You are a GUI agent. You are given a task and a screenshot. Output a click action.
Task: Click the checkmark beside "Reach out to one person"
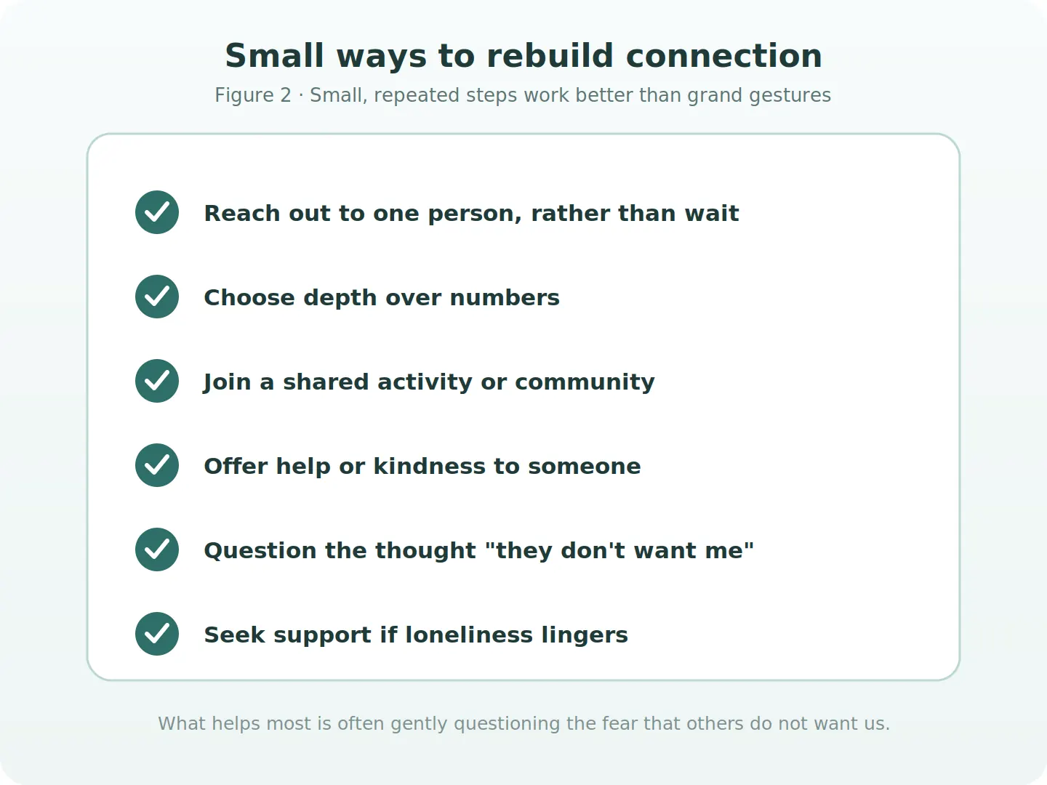(x=157, y=212)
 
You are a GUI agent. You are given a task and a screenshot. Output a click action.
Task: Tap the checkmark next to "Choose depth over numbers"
(x=157, y=297)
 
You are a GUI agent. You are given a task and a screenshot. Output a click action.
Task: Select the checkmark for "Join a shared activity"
(x=157, y=381)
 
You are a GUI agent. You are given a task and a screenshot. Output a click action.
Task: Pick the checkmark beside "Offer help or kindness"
(x=157, y=465)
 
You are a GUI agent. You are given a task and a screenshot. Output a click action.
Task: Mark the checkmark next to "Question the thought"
(x=157, y=549)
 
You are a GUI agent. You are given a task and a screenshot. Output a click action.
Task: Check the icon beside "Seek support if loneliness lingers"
(x=157, y=634)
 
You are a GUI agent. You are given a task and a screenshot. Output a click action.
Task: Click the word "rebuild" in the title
(x=550, y=56)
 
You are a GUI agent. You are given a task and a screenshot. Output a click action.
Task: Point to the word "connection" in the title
(x=724, y=57)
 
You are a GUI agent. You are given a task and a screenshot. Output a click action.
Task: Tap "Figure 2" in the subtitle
(x=253, y=95)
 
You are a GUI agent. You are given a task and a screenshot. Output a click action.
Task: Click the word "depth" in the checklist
(x=340, y=298)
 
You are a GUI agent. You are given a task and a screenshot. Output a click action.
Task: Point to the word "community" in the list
(x=585, y=382)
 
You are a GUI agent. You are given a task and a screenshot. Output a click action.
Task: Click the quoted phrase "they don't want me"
(x=619, y=550)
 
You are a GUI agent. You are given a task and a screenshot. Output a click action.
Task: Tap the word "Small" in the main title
(x=274, y=56)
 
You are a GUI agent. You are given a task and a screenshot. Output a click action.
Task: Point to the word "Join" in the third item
(x=227, y=382)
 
